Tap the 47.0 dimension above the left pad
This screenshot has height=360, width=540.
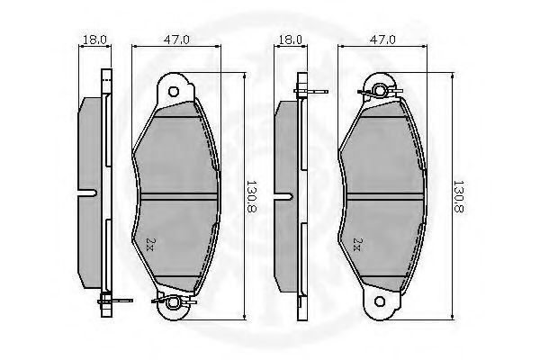[176, 40]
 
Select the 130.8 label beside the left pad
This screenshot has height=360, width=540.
[252, 197]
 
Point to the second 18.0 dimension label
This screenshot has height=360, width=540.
[291, 40]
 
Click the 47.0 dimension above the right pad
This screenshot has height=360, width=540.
[382, 40]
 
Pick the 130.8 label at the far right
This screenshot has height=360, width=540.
[459, 197]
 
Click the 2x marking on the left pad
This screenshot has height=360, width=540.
[149, 244]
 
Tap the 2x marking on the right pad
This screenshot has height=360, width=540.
[356, 244]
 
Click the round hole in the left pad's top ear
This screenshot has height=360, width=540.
[174, 92]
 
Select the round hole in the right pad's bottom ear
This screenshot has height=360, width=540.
[380, 301]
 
